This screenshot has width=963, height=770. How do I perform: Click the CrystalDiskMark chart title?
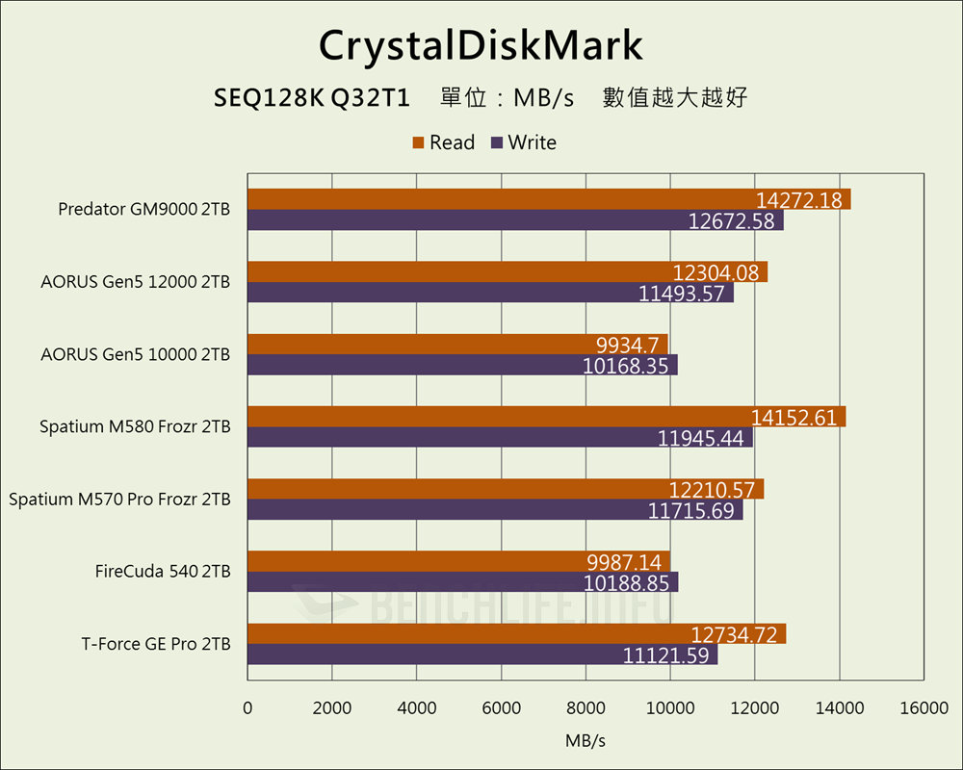pyautogui.click(x=481, y=44)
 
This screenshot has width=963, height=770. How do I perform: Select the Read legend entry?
pyautogui.click(x=443, y=142)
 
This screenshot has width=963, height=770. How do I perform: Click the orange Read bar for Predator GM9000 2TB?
pyautogui.click(x=501, y=199)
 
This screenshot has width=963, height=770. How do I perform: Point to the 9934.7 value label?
pyautogui.click(x=626, y=345)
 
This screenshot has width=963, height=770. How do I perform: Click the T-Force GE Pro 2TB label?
pyautogui.click(x=156, y=644)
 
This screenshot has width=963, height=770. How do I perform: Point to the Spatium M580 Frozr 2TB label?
pyautogui.click(x=135, y=426)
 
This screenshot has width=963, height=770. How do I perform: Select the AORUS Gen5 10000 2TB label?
pyautogui.click(x=135, y=354)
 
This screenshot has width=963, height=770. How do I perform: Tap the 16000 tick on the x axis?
pyautogui.click(x=924, y=708)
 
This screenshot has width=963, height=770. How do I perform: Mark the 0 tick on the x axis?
pyautogui.click(x=247, y=708)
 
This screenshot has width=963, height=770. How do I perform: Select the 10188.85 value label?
pyautogui.click(x=630, y=582)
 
